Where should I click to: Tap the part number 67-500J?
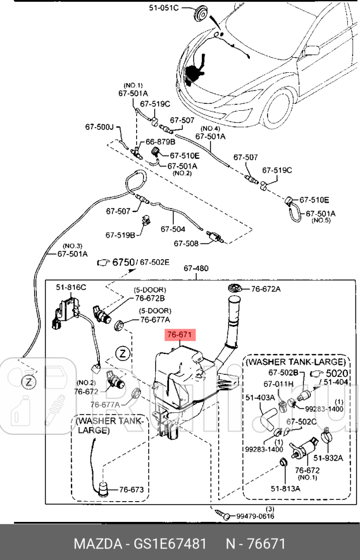click(100, 126)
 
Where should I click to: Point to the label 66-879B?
click(160, 141)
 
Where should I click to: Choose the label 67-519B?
click(120, 235)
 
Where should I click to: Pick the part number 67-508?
click(186, 243)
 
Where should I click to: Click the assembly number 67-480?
click(196, 268)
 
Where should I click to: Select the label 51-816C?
click(71, 287)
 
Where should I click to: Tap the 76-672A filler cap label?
click(265, 289)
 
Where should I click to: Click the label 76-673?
click(131, 490)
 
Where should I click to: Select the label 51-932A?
click(332, 457)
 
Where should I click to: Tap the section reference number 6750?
click(123, 262)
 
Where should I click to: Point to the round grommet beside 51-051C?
click(202, 12)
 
